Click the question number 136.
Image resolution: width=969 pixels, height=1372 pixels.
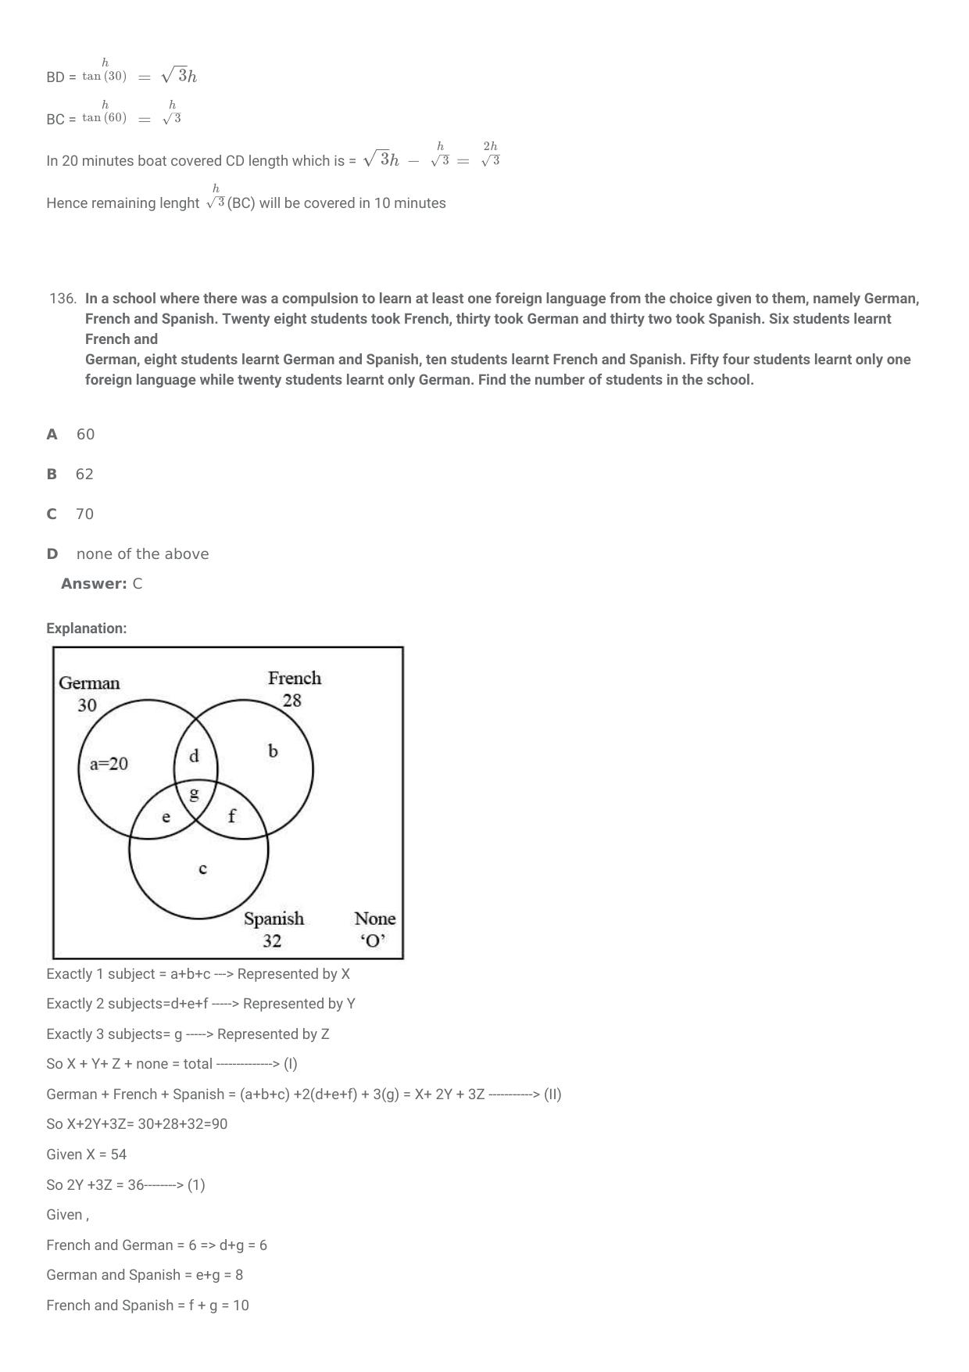(63, 299)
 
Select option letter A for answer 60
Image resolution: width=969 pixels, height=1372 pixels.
(52, 435)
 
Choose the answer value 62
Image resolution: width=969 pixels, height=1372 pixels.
(84, 475)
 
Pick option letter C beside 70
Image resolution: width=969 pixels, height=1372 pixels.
(52, 514)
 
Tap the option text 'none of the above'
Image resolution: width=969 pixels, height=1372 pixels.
(142, 554)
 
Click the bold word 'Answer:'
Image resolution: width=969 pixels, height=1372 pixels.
(94, 584)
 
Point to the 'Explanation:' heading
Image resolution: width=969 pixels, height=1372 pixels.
(86, 629)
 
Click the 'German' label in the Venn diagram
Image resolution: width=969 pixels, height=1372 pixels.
(90, 683)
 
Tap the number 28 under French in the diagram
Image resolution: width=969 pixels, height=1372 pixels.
(291, 700)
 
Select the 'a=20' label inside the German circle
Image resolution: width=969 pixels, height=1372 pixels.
(109, 765)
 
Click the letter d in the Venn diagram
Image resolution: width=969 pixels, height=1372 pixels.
(194, 756)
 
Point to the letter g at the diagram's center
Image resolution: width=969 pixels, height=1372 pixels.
(195, 793)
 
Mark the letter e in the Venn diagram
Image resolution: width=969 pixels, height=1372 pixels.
(166, 818)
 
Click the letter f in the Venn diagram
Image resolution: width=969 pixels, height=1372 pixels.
(231, 816)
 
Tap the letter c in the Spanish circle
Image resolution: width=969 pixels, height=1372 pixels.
(202, 869)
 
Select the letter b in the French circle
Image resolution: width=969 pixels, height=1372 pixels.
(273, 751)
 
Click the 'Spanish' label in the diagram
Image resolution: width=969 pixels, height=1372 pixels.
(274, 919)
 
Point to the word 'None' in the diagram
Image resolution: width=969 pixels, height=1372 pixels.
(375, 919)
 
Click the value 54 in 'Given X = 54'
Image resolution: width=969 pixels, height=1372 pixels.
(117, 1155)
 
